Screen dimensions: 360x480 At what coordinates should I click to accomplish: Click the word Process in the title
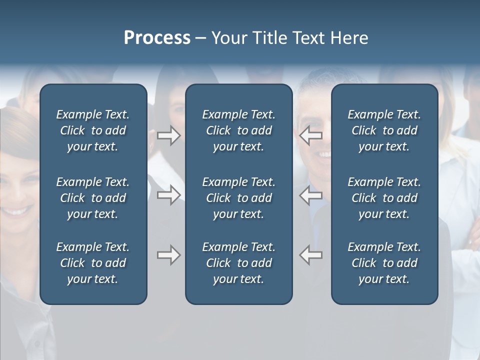[x=157, y=38]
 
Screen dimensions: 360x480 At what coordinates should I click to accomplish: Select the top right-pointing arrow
[x=169, y=135]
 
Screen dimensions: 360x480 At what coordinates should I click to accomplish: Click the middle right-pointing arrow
[x=169, y=195]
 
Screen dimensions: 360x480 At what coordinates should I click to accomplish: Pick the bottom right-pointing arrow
[x=169, y=255]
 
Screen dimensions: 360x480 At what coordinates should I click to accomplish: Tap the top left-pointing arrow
[x=310, y=135]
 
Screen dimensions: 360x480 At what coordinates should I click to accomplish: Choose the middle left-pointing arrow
[x=310, y=195]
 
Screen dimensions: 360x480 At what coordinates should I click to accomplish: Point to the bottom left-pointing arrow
[x=310, y=255]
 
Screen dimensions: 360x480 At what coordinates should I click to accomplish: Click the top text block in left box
[x=93, y=130]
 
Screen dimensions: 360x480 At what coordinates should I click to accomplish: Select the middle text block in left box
[x=93, y=198]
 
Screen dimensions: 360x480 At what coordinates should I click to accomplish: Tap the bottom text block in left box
[x=93, y=263]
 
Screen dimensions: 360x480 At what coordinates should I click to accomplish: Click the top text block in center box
[x=239, y=130]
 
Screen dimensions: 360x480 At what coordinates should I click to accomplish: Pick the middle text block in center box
[x=239, y=198]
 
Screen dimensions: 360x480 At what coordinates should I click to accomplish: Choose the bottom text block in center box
[x=239, y=263]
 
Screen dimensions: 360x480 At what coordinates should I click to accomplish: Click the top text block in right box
[x=384, y=130]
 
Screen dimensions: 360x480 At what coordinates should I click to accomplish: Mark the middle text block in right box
[x=384, y=198]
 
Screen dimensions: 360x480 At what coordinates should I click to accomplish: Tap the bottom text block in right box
[x=384, y=263]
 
